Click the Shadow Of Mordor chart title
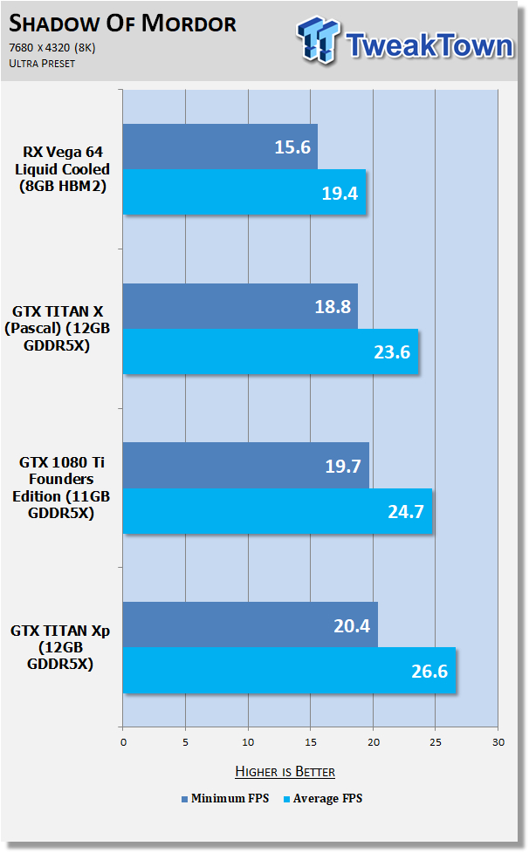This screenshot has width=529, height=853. click(123, 23)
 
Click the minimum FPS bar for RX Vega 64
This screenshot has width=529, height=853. click(220, 147)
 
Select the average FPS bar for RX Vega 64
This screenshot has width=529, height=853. click(244, 192)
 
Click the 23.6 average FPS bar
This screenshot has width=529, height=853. click(271, 352)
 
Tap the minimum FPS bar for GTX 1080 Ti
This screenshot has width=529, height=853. click(245, 466)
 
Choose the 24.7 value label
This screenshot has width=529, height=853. click(405, 511)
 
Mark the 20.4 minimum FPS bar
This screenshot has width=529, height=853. click(250, 624)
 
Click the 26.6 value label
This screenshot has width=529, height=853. click(428, 671)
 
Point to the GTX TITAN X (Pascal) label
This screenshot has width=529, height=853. click(60, 329)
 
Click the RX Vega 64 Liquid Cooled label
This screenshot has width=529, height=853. click(60, 169)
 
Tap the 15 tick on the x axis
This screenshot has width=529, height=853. click(310, 743)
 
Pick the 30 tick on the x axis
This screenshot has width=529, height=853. click(498, 743)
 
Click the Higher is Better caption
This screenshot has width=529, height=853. click(285, 771)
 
